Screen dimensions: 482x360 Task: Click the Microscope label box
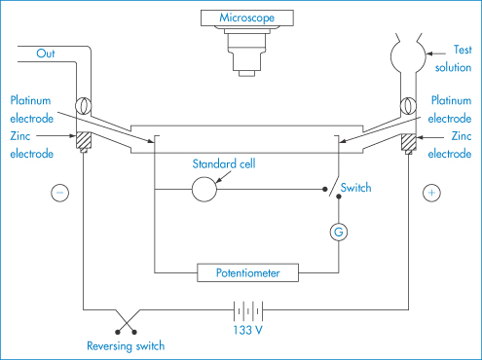(247, 18)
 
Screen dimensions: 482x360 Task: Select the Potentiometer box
(247, 272)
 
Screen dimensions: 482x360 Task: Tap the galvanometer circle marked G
(339, 232)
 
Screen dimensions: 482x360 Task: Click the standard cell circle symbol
(204, 190)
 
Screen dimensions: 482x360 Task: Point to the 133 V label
(247, 330)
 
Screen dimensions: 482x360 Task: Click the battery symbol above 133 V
(248, 311)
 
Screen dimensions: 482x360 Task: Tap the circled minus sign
(60, 193)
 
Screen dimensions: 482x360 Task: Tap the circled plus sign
(431, 193)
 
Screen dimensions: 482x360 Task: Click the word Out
(46, 54)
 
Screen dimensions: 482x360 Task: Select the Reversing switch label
(126, 346)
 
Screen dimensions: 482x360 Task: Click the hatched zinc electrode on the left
(84, 140)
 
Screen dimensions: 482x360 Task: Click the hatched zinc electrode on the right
(409, 142)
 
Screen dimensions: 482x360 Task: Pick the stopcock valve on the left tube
(84, 106)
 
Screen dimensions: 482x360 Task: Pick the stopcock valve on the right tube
(408, 105)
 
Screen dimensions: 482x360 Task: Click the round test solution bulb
(408, 56)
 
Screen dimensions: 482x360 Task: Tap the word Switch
(355, 188)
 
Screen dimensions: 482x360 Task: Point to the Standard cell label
(224, 163)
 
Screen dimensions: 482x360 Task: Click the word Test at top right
(463, 50)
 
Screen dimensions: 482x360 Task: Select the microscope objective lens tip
(247, 74)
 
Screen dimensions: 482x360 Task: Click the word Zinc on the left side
(20, 136)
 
